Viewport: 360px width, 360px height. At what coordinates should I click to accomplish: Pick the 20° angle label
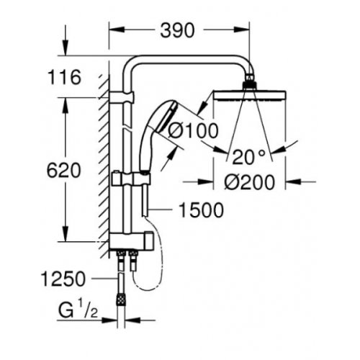(246, 153)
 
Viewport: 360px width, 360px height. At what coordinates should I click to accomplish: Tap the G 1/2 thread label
(78, 312)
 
